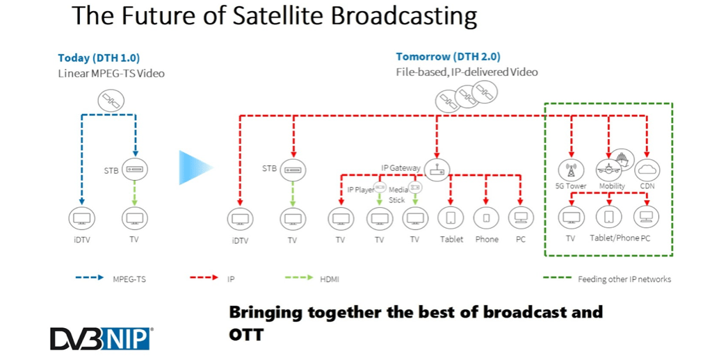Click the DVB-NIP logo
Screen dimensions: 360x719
[101, 338]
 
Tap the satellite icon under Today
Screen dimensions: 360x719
[109, 101]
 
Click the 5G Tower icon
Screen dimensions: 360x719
[572, 169]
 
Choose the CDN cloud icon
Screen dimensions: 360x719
[647, 169]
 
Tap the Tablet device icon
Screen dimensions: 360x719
[451, 218]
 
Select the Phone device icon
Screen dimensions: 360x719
[486, 218]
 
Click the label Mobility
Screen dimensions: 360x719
[612, 186]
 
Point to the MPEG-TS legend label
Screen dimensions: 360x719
[129, 279]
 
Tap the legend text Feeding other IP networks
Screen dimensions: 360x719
[624, 279]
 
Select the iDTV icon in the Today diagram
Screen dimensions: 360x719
[82, 218]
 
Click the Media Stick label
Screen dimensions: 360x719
[398, 195]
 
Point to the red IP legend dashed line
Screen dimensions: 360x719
[205, 279]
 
